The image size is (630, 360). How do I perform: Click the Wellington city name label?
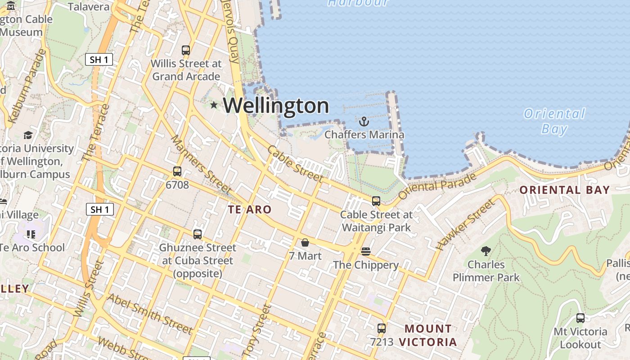coord(276,106)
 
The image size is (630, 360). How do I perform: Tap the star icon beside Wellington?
coord(214,105)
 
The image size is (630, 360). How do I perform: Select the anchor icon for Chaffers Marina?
coord(364,121)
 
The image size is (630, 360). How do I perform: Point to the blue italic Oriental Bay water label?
coord(554,121)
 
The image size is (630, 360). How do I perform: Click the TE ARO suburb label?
coord(249,209)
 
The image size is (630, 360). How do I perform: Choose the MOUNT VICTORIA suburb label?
coord(427,335)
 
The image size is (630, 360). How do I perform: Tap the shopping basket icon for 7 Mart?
coord(305,243)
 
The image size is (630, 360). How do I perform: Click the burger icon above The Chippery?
coord(365,251)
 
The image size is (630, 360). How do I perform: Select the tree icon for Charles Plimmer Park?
coord(486,251)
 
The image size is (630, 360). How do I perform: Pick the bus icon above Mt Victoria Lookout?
coord(580,318)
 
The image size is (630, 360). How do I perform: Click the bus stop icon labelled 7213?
coord(382,328)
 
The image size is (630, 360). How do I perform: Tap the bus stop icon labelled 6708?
coord(177,171)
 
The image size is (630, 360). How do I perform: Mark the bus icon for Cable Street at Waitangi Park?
coord(376,201)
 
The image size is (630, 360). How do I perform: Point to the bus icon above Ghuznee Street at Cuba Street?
coord(197,234)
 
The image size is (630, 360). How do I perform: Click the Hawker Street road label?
coord(465,225)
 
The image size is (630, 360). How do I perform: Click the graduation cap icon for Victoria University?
coord(28,135)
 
